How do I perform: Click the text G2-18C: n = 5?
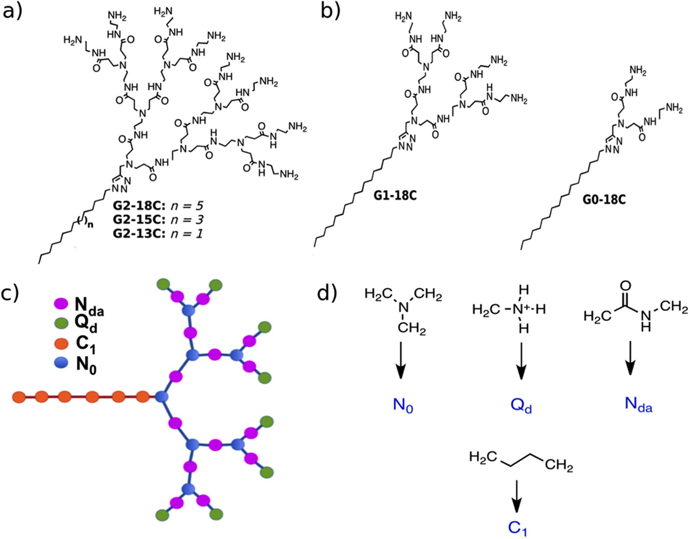click(158, 206)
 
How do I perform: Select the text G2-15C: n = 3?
click(158, 219)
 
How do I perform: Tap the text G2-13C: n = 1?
click(158, 233)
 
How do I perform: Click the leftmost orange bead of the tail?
click(19, 397)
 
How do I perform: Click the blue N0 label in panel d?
click(403, 405)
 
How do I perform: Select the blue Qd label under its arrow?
click(521, 405)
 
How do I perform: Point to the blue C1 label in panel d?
click(517, 529)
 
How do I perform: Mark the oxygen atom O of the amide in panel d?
click(626, 287)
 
